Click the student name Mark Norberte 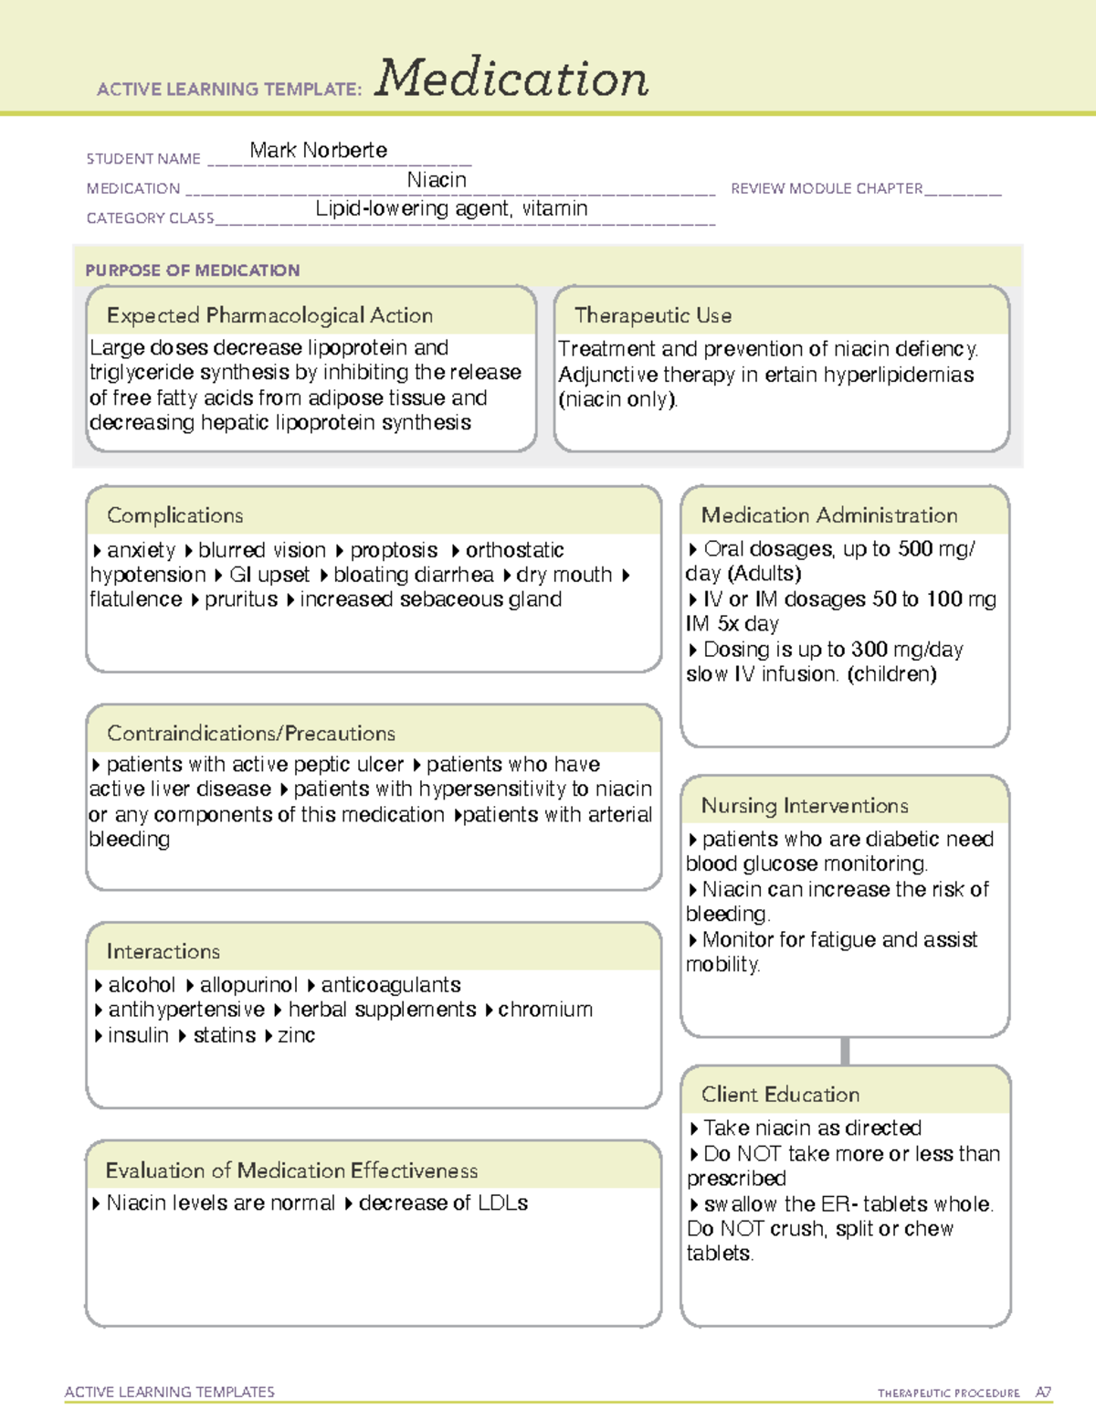(318, 150)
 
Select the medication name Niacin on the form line (437, 180)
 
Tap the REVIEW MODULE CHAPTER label (827, 188)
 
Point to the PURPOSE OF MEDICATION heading (192, 270)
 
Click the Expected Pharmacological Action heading (269, 315)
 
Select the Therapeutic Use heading (653, 315)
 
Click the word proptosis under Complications (394, 550)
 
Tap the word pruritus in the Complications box (241, 599)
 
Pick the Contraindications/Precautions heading (251, 733)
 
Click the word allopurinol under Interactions (248, 985)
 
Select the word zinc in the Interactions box (296, 1035)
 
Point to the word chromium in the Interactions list (545, 1010)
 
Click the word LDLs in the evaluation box (501, 1203)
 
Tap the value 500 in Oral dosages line (915, 548)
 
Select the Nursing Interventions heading (805, 806)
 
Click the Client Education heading (780, 1095)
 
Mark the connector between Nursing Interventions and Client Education (845, 1051)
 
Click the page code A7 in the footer (1043, 1393)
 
